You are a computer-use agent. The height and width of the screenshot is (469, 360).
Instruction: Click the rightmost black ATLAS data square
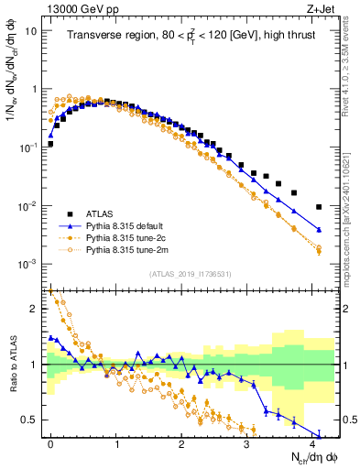pos(319,207)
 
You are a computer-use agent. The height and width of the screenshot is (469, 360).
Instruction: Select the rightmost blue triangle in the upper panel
pos(319,229)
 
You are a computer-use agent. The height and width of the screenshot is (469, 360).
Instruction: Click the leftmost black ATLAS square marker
pos(50,144)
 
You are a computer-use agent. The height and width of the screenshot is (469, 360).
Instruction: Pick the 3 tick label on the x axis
pos(246,443)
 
